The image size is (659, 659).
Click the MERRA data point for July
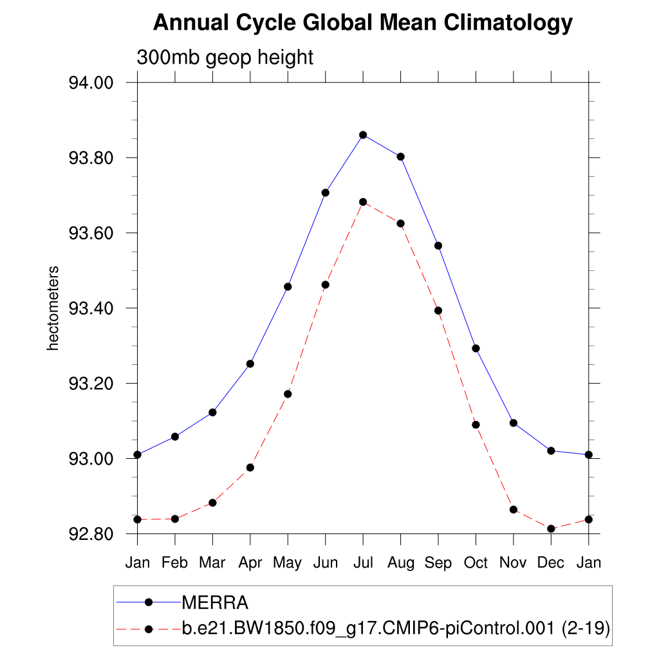[x=363, y=135]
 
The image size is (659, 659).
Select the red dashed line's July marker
[x=363, y=202]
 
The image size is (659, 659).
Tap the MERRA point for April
[x=250, y=364]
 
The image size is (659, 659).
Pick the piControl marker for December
[x=551, y=528]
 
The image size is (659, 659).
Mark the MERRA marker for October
[x=476, y=348]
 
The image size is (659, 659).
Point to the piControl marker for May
[x=288, y=394]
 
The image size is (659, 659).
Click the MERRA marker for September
[x=438, y=246]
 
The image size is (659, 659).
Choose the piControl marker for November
[x=514, y=510]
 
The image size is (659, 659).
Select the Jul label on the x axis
[x=363, y=563]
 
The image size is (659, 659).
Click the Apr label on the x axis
[x=250, y=563]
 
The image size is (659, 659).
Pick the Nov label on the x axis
[x=514, y=563]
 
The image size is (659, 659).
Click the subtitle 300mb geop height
[x=225, y=57]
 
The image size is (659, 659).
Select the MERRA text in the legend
[x=215, y=603]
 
